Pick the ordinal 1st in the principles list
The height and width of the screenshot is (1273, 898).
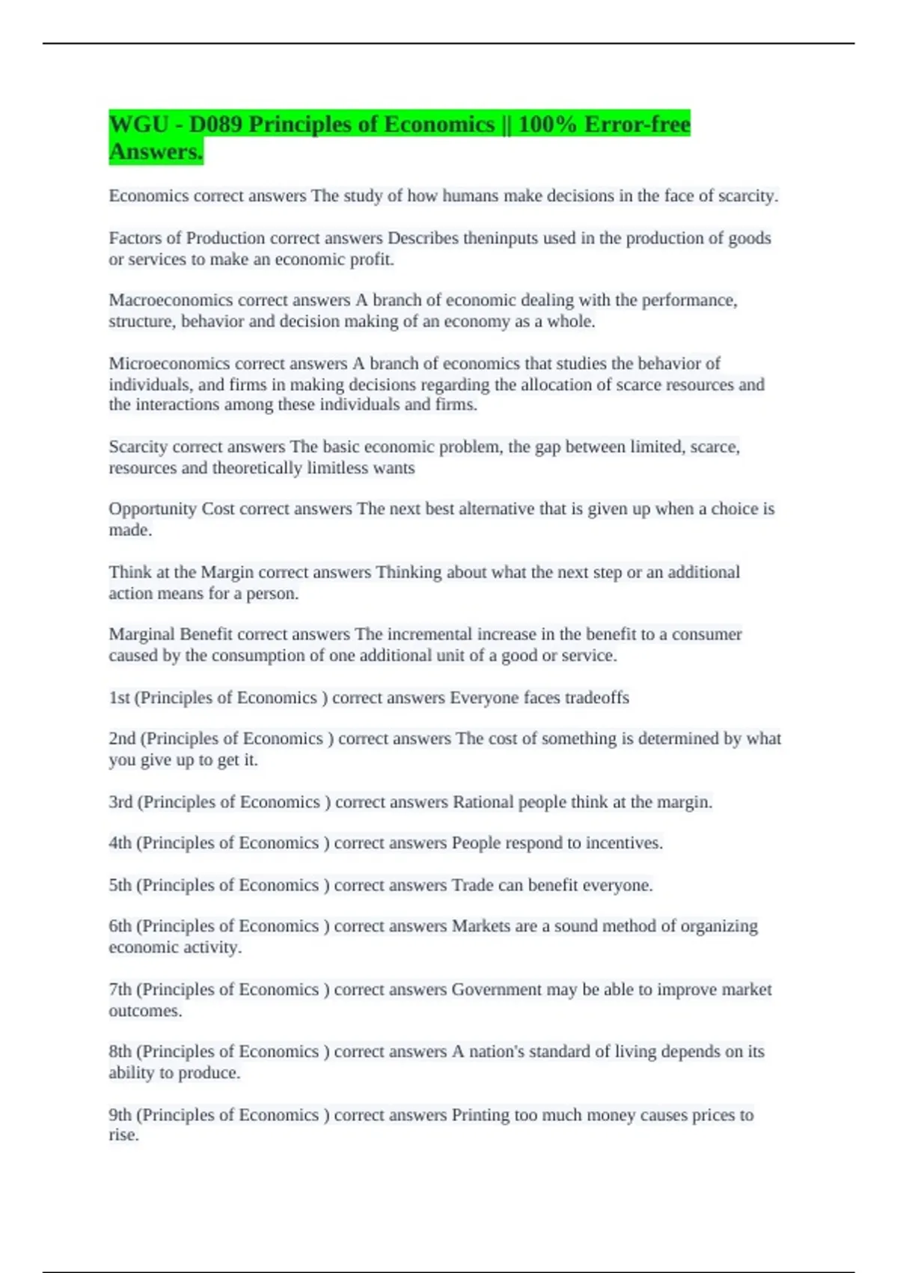(x=119, y=698)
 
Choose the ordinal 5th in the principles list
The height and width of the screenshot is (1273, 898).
(x=120, y=885)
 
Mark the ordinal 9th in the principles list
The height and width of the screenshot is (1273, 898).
(x=120, y=1115)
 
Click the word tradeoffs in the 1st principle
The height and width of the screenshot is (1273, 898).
(x=596, y=698)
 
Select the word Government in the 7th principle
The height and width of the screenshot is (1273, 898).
(x=496, y=990)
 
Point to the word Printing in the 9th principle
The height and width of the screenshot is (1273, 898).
(x=480, y=1115)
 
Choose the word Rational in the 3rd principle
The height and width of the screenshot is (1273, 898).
(x=483, y=802)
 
